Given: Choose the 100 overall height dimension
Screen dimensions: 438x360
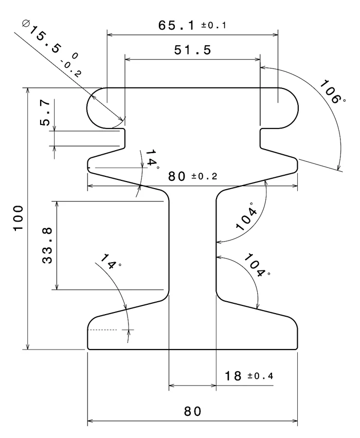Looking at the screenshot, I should coord(19,218).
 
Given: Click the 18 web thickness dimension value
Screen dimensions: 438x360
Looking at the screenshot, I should coord(233,376).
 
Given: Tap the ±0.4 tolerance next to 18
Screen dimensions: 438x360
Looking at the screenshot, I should coord(260,376).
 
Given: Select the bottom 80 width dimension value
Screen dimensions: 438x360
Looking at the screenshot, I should coord(192,412).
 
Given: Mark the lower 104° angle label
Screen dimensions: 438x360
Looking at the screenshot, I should coord(256,264).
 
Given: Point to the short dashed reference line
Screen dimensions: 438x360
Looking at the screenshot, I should coord(106,330).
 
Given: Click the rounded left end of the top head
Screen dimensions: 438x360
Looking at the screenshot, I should coord(93,107).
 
